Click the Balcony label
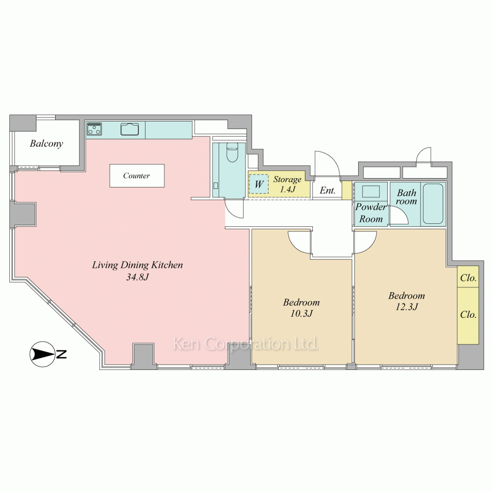[46, 144]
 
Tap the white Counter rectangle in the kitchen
[137, 176]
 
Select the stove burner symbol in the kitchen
[94, 129]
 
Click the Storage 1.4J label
[287, 184]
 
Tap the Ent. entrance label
[328, 190]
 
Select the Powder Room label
[371, 213]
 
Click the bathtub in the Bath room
[433, 204]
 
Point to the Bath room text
[407, 197]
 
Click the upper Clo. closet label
[468, 278]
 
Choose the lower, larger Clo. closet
[468, 315]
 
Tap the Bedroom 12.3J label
[406, 301]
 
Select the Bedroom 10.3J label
[301, 307]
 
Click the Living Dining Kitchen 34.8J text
[138, 271]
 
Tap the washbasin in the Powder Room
[370, 191]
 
